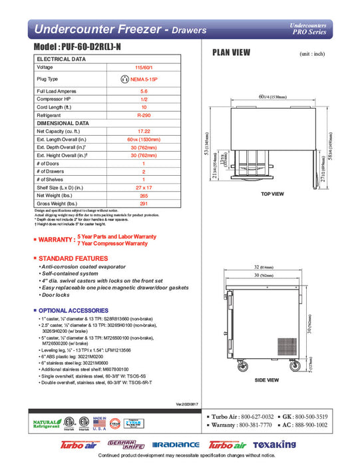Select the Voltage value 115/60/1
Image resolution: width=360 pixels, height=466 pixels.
click(x=139, y=67)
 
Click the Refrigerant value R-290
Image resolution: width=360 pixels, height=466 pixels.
click(x=139, y=115)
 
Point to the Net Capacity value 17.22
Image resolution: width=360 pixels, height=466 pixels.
click(x=139, y=132)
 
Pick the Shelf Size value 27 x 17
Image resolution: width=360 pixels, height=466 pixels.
click(x=139, y=188)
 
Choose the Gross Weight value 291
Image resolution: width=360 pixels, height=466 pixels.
click(x=139, y=204)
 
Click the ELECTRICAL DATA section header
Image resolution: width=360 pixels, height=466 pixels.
click(x=62, y=59)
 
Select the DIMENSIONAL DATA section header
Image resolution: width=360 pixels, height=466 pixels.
click(x=63, y=123)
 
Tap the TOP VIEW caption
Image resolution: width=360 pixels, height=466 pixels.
click(x=273, y=193)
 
